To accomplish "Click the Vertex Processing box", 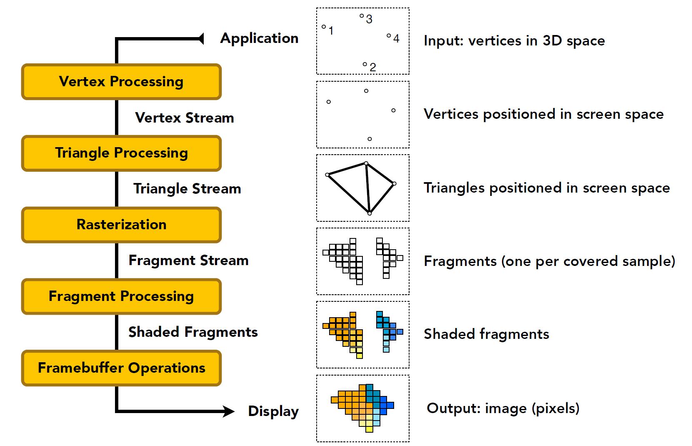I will click(121, 82).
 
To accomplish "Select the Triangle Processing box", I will click(121, 153).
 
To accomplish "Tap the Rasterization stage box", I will click(121, 225).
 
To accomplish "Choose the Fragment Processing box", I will click(121, 296).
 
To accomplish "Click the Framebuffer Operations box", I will click(121, 368).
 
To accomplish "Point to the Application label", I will click(259, 38).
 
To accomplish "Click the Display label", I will click(273, 411).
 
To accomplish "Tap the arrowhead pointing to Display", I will click(229, 411).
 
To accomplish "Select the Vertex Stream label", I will click(185, 118).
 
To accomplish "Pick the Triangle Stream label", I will click(187, 189).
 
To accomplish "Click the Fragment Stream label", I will click(188, 261).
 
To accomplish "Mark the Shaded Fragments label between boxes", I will click(193, 332).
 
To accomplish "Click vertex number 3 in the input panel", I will click(362, 16).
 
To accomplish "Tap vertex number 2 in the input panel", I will click(365, 65).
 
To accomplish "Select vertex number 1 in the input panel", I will click(324, 27).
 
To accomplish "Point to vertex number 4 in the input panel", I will click(389, 36).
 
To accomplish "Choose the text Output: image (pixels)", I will click(503, 408).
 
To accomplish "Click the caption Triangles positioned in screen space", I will click(547, 188).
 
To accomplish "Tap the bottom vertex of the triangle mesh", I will click(370, 213).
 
